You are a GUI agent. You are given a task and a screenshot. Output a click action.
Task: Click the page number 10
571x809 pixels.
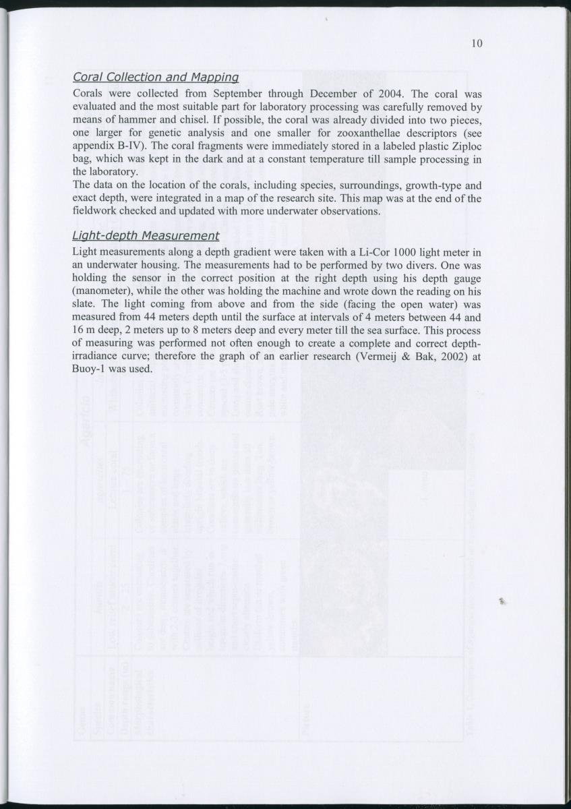[x=477, y=44]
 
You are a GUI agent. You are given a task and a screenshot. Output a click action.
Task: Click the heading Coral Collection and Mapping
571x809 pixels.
[x=156, y=78]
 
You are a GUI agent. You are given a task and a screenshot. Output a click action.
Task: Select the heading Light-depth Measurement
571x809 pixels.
[x=146, y=235]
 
